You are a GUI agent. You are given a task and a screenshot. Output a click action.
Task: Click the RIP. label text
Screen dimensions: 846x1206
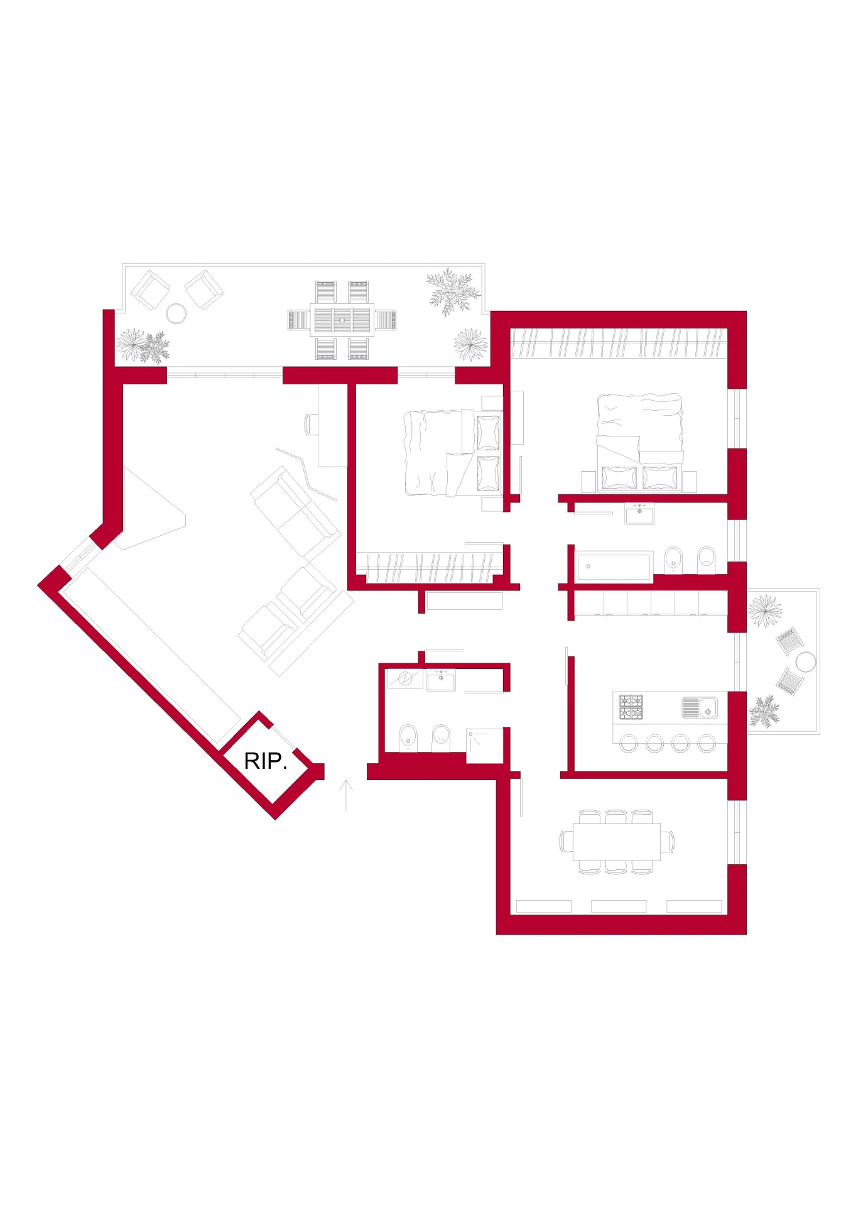pos(265,761)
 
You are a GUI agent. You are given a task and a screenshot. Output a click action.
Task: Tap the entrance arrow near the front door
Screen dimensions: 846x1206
pos(346,795)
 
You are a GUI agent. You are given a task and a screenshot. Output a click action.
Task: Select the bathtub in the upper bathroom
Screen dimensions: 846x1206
pos(614,567)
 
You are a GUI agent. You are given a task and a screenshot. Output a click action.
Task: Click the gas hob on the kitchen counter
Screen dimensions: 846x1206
pos(631,707)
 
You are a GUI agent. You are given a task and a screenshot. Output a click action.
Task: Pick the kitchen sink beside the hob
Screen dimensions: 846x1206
pos(700,708)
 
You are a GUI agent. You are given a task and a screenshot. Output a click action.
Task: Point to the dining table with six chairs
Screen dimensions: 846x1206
pos(617,842)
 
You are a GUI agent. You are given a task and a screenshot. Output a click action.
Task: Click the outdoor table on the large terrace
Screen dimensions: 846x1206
pos(342,320)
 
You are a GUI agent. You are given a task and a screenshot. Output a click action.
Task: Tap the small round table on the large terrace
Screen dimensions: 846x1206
pos(176,313)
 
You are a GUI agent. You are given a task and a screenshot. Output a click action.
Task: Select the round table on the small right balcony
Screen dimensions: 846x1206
pos(806,662)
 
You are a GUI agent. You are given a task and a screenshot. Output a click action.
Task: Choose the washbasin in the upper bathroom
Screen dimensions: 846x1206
pos(639,514)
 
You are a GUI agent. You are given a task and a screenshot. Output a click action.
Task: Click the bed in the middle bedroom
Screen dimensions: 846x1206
pos(453,452)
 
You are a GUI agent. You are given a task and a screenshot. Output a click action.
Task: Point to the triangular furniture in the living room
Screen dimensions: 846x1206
pos(151,509)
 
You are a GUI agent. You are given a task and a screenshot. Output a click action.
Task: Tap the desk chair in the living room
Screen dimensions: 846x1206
pos(312,424)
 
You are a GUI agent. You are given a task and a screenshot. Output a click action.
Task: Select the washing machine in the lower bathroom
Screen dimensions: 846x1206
pos(405,679)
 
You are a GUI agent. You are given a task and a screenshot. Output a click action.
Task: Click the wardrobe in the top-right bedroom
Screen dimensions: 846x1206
pos(619,343)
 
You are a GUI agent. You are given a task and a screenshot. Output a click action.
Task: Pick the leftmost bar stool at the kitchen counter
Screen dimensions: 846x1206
pos(629,744)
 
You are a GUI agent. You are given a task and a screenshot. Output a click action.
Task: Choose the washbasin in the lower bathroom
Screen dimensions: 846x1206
pos(441,681)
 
